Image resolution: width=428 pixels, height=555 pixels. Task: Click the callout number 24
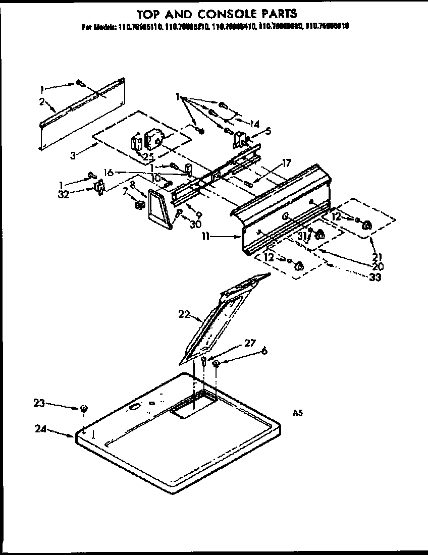tap(41, 429)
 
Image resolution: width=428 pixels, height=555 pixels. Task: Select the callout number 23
tap(39, 403)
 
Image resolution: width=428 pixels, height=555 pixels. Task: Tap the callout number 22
tap(184, 314)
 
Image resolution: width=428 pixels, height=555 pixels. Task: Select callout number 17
tap(287, 163)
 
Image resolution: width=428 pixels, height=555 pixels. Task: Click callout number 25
tap(148, 155)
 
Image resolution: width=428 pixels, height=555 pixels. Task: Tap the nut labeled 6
tap(216, 363)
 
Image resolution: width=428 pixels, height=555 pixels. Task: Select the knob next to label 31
tap(319, 234)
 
